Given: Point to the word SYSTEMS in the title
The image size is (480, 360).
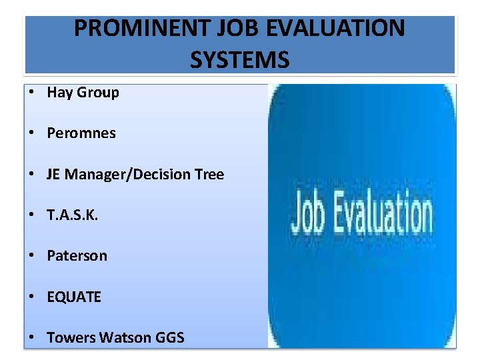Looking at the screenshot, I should pos(240,60).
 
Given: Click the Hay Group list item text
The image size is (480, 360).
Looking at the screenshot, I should pos(83,93).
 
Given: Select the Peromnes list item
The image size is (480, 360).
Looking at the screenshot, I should pos(81,133).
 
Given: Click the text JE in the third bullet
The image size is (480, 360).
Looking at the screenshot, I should pos(53,175).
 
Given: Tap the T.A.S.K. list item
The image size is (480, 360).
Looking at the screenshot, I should pos(73,215).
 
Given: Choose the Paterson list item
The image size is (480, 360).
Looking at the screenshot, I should pos(77,256).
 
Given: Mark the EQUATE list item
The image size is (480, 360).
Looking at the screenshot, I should pos(74,297).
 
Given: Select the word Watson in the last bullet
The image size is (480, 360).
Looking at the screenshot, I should pos(125,338).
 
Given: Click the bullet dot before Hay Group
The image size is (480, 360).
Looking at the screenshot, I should pos(32,93).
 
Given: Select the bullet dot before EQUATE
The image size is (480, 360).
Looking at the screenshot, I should pos(32,297).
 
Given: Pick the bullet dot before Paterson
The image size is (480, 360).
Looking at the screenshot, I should pos(32,256).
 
